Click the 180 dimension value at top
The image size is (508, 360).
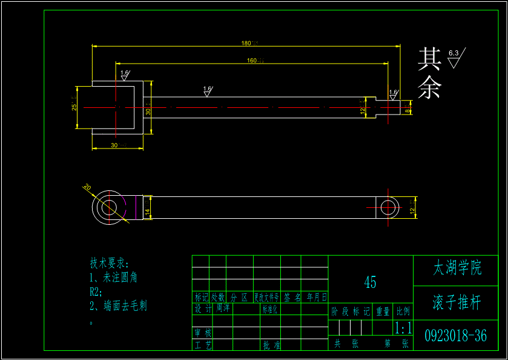[246, 43]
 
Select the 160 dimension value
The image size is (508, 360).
[252, 60]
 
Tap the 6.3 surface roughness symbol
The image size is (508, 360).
[454, 58]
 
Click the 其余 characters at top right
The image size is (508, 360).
[429, 74]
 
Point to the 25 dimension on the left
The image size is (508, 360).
[74, 107]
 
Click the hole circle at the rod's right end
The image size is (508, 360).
[388, 207]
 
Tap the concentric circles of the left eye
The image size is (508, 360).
[109, 207]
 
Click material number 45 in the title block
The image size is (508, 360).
[370, 282]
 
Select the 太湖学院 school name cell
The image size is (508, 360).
[458, 268]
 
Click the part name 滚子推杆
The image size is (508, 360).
[457, 303]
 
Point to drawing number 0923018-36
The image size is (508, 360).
[455, 336]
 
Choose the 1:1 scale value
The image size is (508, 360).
[403, 328]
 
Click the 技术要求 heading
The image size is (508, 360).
[110, 263]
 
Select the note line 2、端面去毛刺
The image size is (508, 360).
[118, 306]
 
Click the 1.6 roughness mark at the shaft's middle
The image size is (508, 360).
[207, 90]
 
